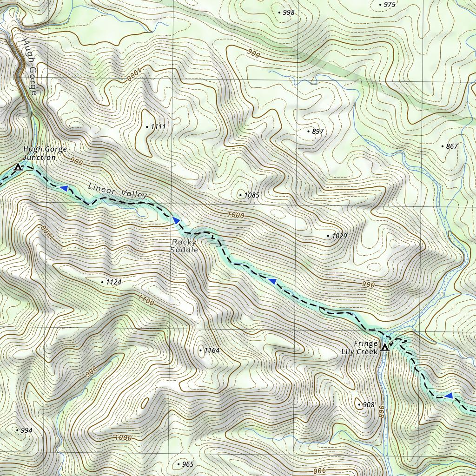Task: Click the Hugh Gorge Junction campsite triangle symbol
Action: click(18, 167)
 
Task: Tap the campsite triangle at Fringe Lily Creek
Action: click(385, 347)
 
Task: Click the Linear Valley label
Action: click(117, 191)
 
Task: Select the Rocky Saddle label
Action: click(185, 246)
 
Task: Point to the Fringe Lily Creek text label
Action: click(365, 348)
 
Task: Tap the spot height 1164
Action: click(200, 350)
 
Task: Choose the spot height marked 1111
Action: click(146, 127)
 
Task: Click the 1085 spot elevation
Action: click(240, 195)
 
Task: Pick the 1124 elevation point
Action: click(102, 282)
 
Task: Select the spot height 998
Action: click(279, 13)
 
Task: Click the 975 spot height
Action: click(380, 5)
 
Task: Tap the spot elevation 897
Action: click(308, 132)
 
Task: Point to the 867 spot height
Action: click(442, 146)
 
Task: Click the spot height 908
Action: click(359, 405)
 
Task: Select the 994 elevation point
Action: click(18, 430)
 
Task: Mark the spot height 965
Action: click(178, 464)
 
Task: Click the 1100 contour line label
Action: click(146, 300)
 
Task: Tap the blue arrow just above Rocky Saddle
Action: click(176, 220)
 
